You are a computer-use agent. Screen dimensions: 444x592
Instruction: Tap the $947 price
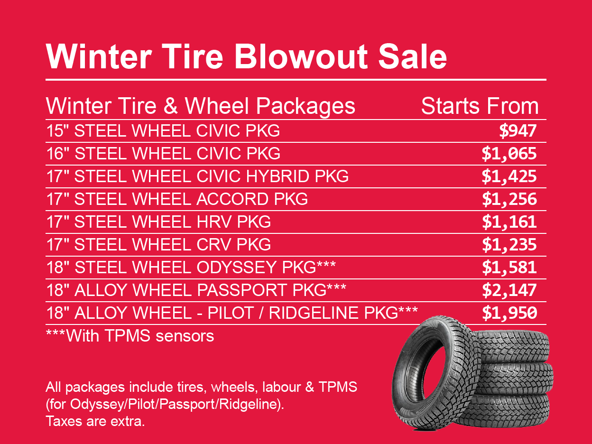click(x=518, y=130)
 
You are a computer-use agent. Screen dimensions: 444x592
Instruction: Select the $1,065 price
click(x=509, y=153)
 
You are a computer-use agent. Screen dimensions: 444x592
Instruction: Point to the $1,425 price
click(x=509, y=176)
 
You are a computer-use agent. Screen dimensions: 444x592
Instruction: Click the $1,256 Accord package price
click(x=509, y=199)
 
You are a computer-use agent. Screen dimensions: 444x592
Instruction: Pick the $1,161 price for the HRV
click(x=509, y=222)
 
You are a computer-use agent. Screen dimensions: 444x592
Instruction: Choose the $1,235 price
click(x=509, y=244)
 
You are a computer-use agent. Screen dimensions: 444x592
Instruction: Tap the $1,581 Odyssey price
click(x=509, y=267)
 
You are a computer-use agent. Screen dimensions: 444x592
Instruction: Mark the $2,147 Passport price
click(x=509, y=290)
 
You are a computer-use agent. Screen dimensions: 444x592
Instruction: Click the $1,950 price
click(x=509, y=313)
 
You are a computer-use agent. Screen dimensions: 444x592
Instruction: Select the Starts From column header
click(x=480, y=106)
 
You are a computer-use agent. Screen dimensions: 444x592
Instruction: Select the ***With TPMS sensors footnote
click(x=130, y=336)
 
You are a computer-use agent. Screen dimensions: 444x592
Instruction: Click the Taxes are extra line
click(x=95, y=421)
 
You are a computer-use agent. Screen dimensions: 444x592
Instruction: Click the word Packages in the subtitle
click(x=306, y=107)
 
